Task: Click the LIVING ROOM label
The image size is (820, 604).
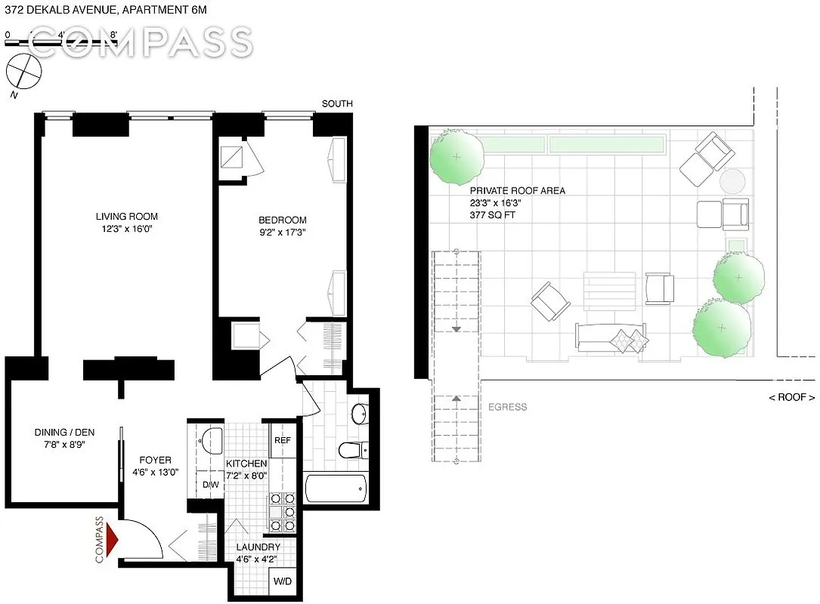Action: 126,217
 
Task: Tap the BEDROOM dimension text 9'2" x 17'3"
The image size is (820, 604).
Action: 283,232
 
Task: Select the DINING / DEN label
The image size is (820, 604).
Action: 64,432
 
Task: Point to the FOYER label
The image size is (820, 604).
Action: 155,460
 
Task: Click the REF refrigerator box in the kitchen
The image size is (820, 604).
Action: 283,440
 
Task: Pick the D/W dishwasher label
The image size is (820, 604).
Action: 211,485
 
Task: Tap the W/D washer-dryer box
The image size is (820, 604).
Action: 283,581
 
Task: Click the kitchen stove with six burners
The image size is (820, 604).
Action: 283,512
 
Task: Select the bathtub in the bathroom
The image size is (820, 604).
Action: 336,488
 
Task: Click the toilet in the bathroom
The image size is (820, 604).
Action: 353,450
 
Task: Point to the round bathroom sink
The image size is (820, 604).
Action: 360,414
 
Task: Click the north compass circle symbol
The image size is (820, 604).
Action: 23,72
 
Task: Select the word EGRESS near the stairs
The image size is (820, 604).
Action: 507,407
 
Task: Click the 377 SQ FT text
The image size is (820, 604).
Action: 492,214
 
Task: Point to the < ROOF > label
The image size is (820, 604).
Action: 791,397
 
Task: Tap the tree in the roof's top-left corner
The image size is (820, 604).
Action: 456,157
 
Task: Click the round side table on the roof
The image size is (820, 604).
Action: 732,181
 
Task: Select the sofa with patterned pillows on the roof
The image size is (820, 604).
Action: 611,337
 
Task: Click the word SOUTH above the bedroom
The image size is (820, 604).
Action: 337,103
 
